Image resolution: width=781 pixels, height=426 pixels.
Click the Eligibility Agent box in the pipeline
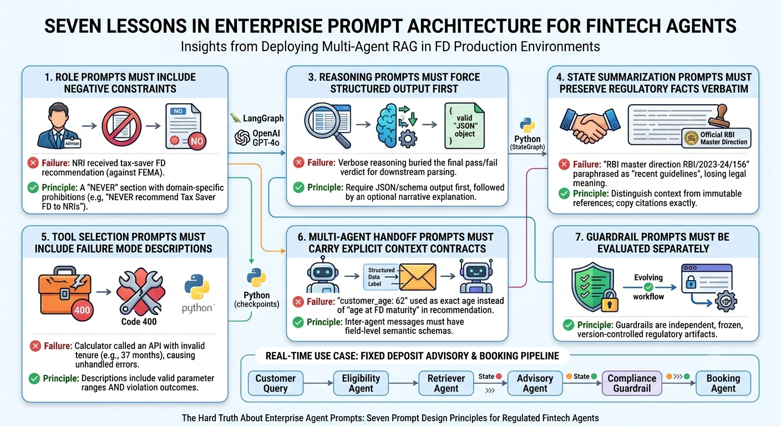(361, 383)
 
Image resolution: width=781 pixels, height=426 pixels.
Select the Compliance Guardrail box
(632, 383)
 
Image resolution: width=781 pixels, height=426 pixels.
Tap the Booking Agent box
(723, 383)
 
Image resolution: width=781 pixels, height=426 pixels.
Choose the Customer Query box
(276, 383)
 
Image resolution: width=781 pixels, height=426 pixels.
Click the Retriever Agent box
(446, 383)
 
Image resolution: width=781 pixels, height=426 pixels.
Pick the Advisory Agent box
(535, 383)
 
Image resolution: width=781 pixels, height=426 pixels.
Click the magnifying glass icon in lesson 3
(328, 125)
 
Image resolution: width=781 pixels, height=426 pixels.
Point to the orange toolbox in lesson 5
(65, 291)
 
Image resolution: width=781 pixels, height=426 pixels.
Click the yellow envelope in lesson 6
(418, 277)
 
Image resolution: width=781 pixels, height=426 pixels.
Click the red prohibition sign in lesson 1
(121, 126)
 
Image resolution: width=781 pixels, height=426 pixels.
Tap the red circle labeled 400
(82, 310)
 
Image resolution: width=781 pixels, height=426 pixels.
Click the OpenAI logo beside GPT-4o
(242, 138)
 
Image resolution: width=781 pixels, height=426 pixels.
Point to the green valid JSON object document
(464, 126)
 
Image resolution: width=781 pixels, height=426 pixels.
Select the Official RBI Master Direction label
(717, 138)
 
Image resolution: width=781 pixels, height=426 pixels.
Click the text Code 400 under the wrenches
(139, 321)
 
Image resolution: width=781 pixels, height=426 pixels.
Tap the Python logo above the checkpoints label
(256, 278)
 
